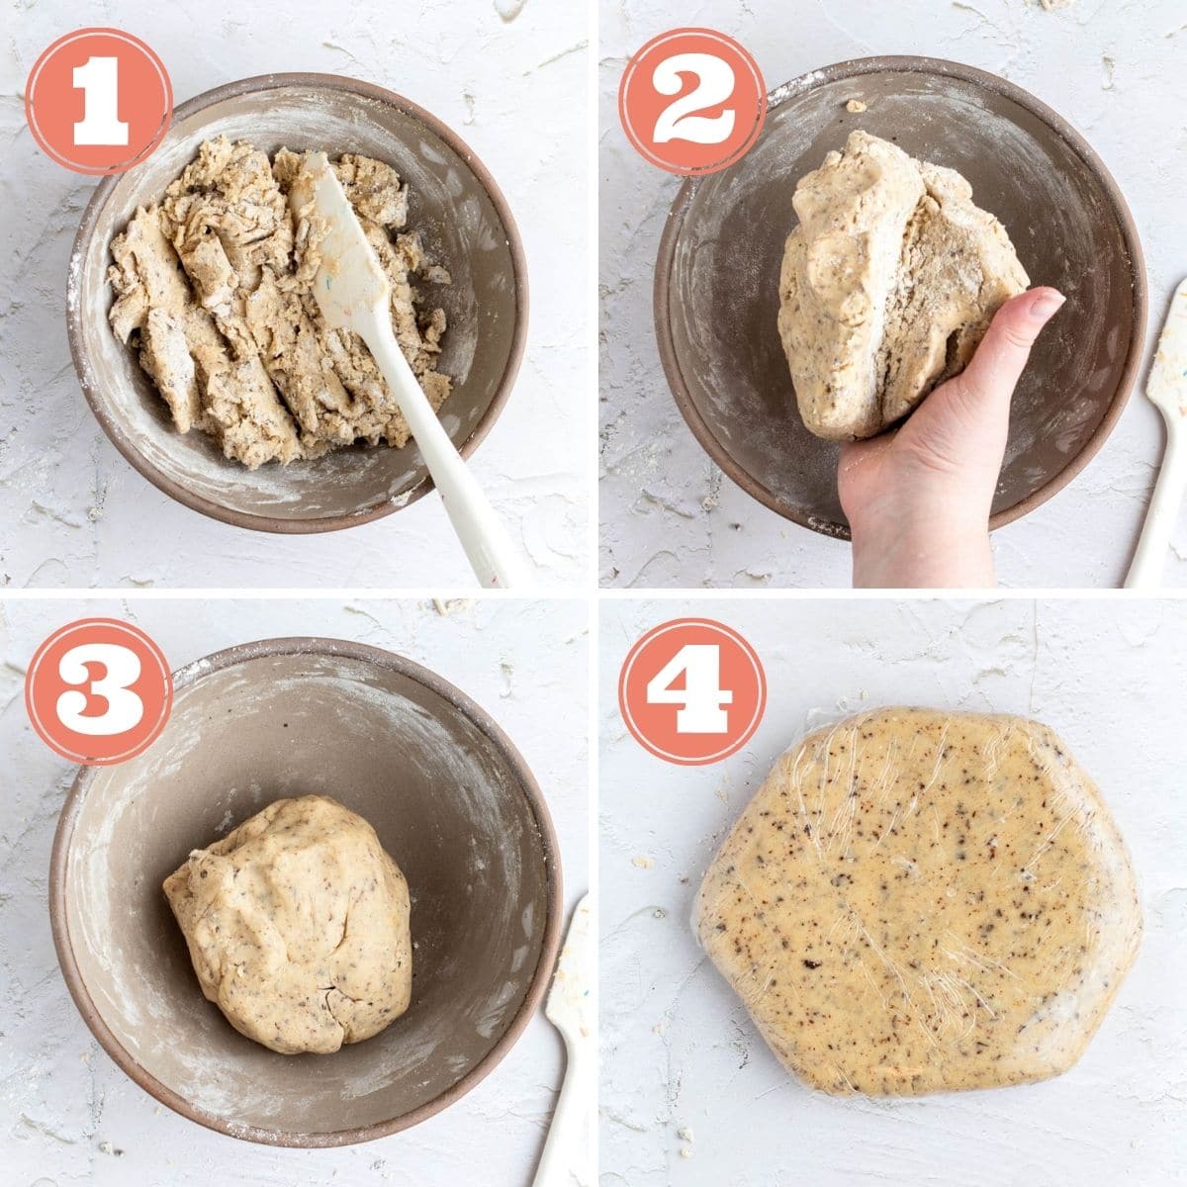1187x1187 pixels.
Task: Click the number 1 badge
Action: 99,102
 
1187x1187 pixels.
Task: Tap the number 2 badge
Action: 692,102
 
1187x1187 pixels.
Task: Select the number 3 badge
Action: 99,691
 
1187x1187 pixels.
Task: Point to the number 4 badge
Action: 692,691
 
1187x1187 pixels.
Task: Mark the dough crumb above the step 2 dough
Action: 856,106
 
